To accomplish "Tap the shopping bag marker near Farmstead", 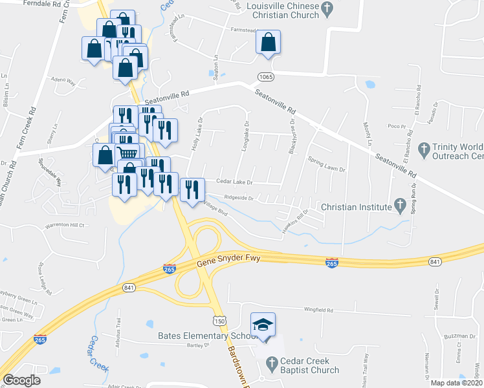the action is coord(268,42).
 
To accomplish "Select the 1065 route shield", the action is coord(266,77).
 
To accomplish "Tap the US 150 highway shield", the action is coord(220,321).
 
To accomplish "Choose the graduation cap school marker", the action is coord(263,325).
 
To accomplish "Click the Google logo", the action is coord(22,380).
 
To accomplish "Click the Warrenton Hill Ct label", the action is coord(64,225).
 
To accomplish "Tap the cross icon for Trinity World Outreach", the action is coord(424,149).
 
